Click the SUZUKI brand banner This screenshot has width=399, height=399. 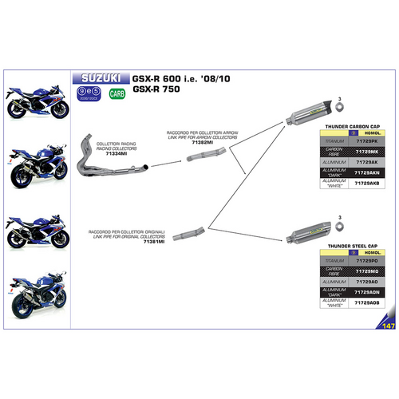point(101,79)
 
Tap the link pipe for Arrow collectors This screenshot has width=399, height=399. point(201,157)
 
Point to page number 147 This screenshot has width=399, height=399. point(389,326)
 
